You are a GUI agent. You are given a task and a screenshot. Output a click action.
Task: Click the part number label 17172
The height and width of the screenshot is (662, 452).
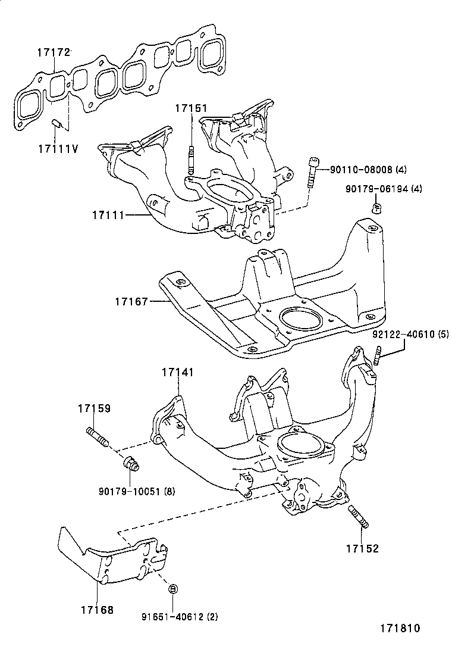tap(53, 53)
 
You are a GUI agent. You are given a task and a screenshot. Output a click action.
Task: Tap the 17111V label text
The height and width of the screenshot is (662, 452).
tap(58, 149)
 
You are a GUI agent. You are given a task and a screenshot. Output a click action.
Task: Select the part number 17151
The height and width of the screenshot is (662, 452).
tap(192, 108)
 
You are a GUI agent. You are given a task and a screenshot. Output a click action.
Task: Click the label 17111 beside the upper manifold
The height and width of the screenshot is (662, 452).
tap(108, 215)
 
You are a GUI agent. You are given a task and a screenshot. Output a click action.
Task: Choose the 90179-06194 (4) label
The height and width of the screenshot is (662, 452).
tap(384, 189)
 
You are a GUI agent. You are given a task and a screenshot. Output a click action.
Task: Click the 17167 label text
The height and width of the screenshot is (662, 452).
tap(131, 301)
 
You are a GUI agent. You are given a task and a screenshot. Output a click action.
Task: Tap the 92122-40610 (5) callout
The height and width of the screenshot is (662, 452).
tap(411, 335)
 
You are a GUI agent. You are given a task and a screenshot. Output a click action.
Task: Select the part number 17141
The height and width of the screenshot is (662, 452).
tap(178, 372)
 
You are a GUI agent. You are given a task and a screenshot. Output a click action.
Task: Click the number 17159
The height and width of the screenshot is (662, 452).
tap(94, 408)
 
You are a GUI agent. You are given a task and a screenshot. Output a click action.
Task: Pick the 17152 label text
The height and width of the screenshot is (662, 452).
tap(363, 548)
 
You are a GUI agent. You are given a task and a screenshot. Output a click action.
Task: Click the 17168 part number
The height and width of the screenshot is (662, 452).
tap(98, 610)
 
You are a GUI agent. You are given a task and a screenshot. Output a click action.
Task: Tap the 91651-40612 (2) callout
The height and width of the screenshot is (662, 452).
tap(180, 616)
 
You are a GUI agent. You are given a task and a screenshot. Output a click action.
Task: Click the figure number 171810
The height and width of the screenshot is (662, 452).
tap(400, 628)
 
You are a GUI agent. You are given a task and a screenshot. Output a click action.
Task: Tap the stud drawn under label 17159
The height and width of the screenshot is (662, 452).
tap(98, 437)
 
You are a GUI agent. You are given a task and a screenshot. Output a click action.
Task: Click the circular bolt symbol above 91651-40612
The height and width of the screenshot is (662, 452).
tap(173, 589)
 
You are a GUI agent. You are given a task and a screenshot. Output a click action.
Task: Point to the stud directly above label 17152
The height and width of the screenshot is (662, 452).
tap(359, 516)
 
